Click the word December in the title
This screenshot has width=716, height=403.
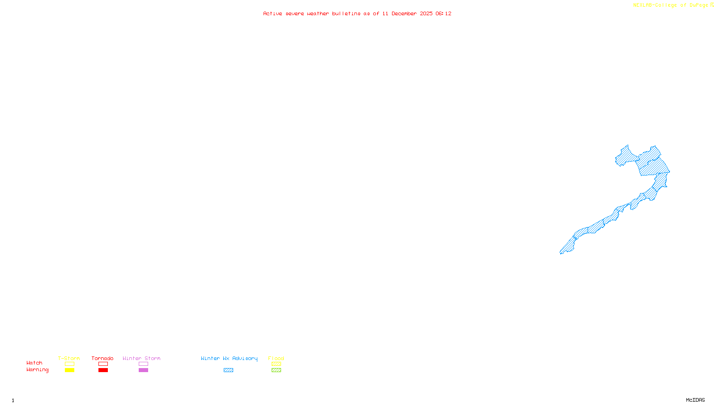[404, 13]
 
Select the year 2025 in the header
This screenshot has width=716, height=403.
[426, 13]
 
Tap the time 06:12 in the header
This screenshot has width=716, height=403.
[443, 13]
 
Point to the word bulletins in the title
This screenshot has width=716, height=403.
[346, 13]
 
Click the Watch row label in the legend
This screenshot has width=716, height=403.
[34, 363]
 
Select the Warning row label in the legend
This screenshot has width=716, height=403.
[37, 370]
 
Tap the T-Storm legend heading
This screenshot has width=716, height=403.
[69, 358]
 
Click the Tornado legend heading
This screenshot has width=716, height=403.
[102, 358]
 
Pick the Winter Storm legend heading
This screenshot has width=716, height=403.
[141, 358]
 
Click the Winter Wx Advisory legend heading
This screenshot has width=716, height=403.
[229, 358]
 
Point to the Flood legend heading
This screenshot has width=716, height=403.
[276, 358]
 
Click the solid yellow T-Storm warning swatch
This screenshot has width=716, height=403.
[69, 370]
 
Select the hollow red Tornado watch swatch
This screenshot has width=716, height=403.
[103, 364]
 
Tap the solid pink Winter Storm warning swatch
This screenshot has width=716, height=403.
[143, 370]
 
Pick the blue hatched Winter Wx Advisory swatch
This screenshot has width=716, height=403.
[228, 370]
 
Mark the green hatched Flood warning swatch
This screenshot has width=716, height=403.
[276, 370]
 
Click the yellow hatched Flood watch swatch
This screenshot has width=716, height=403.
[276, 364]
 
